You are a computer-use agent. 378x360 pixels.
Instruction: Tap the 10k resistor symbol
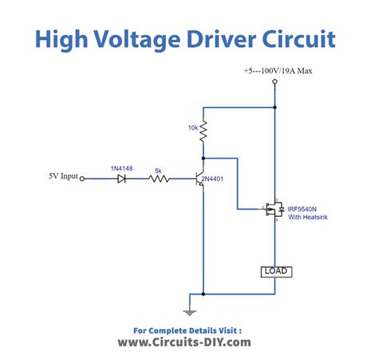203,128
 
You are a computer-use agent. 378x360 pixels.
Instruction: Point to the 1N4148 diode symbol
121,179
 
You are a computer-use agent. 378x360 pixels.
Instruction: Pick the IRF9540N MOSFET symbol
272,210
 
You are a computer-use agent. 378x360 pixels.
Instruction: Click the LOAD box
275,272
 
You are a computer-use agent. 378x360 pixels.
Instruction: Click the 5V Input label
62,177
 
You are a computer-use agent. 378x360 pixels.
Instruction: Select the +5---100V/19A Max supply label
280,71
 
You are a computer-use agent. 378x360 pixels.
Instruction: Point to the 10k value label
192,127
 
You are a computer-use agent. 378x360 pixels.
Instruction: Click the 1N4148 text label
121,168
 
